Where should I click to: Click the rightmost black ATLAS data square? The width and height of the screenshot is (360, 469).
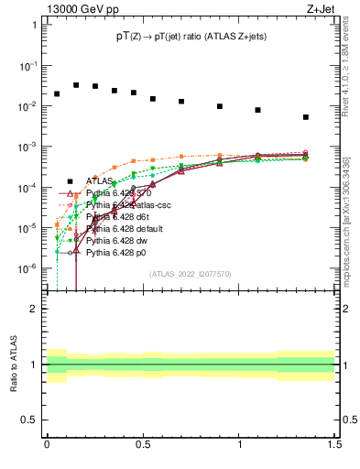[306, 117]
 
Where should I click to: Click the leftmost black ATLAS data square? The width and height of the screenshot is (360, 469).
[57, 93]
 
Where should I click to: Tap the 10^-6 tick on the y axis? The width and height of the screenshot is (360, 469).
[29, 268]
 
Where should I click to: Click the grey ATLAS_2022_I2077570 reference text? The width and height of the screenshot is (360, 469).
[190, 275]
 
